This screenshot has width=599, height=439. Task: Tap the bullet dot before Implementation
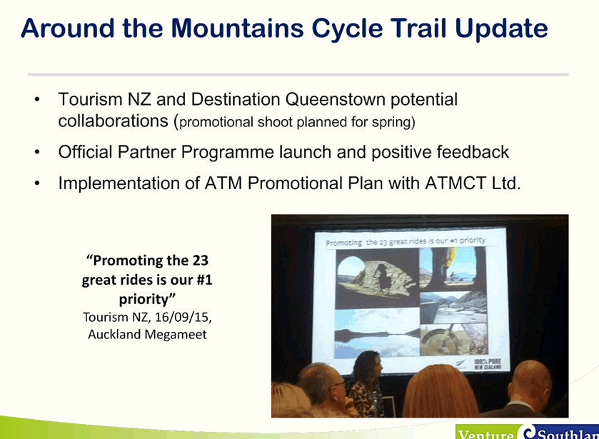click(37, 183)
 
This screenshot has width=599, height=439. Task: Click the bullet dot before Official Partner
click(37, 153)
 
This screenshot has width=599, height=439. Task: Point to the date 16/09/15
click(183, 318)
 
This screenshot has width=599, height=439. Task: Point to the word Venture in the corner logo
click(486, 435)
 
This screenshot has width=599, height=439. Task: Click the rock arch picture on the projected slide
click(377, 278)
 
